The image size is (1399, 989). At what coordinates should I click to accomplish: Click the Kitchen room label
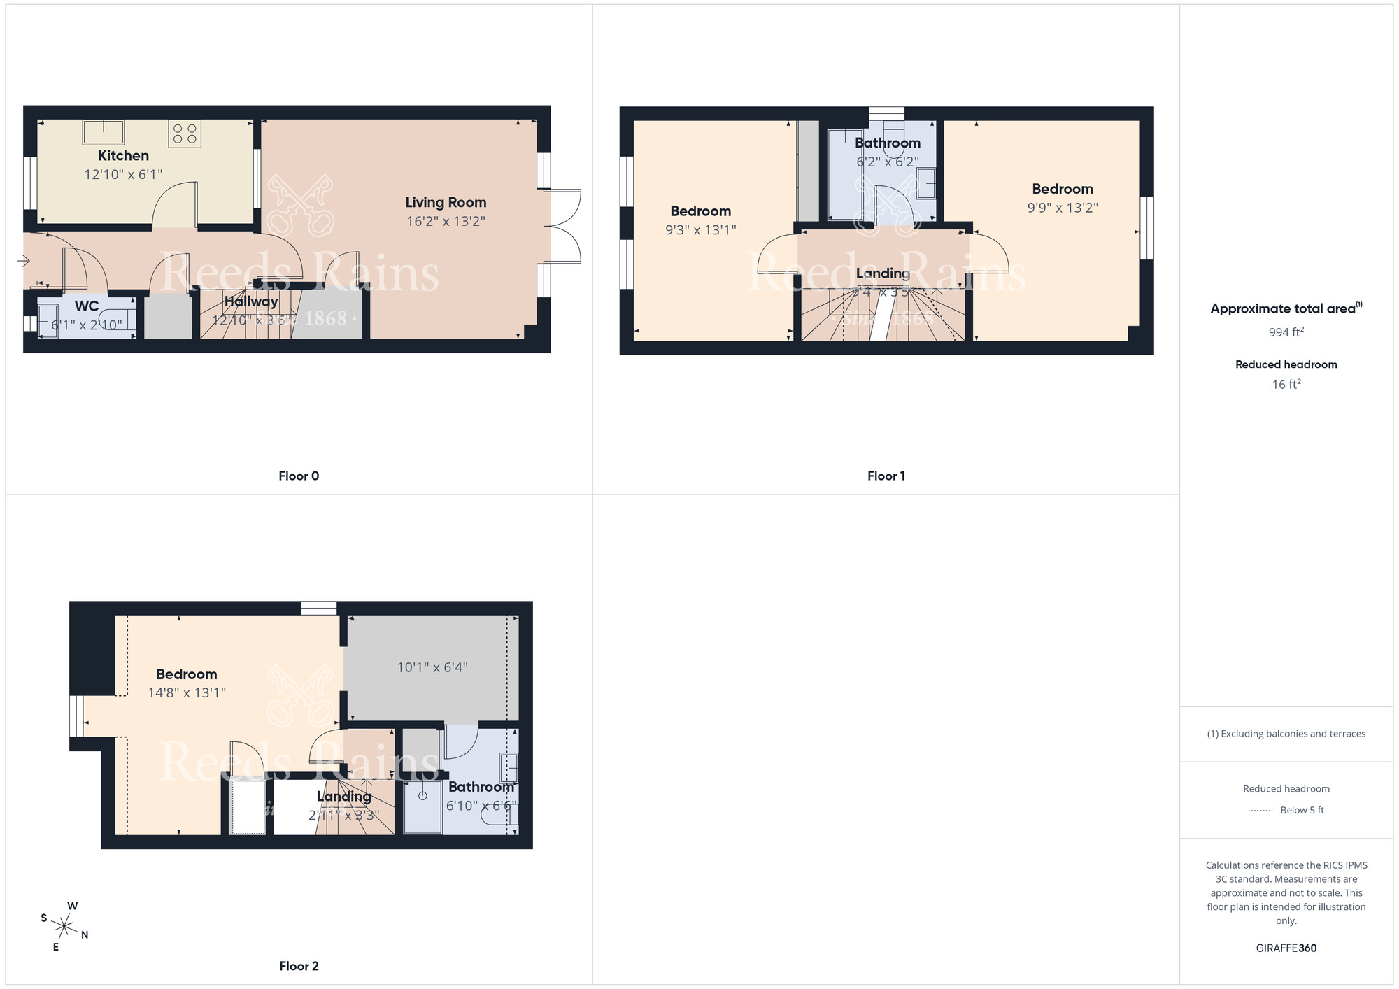123,155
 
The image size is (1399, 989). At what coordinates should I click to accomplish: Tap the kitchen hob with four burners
185,134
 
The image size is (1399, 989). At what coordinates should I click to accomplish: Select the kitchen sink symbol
104,131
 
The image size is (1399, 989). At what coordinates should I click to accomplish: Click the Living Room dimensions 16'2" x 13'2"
446,221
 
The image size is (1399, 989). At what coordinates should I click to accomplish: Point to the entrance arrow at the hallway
23,261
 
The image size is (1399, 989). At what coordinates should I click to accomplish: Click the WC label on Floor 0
87,306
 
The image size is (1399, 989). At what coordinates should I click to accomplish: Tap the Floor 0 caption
299,476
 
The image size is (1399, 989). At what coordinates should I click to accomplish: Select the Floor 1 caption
886,476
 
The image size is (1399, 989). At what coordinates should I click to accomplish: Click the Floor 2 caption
299,966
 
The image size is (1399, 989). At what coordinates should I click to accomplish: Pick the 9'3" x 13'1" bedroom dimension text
700,229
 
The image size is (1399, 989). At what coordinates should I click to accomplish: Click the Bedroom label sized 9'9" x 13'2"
1062,189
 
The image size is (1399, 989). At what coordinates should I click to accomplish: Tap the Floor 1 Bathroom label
887,143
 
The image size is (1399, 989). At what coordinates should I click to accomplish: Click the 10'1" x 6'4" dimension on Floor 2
432,667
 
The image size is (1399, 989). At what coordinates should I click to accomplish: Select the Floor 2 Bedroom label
186,674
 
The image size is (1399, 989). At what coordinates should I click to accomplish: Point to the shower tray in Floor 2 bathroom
422,806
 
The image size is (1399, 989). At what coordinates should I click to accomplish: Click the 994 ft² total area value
1286,332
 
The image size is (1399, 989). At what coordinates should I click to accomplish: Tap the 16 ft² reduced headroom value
1286,384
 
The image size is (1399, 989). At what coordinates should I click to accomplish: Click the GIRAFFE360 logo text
1286,948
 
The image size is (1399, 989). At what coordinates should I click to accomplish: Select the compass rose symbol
64,927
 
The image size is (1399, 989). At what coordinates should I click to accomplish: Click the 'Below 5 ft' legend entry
1301,810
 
